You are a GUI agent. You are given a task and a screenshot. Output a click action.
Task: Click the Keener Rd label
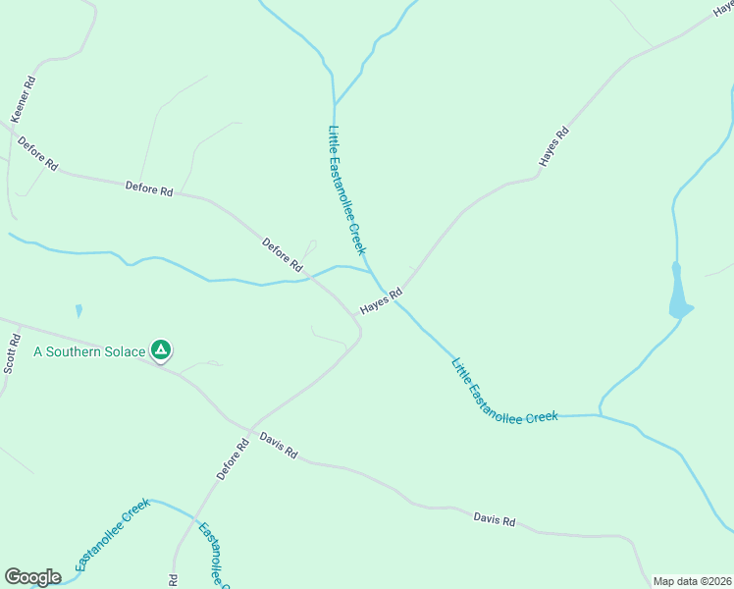point(24,99)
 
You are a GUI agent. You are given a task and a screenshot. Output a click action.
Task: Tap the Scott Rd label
point(11,354)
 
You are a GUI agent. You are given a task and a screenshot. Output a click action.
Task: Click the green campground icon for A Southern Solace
point(161,349)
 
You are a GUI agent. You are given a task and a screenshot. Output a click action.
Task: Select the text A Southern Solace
point(88,350)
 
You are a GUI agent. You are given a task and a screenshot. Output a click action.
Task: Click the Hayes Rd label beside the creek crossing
point(382,301)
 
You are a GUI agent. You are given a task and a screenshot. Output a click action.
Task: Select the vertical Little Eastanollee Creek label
point(347,190)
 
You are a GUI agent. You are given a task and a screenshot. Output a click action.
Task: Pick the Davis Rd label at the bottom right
point(494,519)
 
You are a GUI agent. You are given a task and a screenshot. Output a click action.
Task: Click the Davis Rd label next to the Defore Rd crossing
point(279,447)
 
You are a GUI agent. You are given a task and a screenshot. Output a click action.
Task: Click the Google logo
point(32,577)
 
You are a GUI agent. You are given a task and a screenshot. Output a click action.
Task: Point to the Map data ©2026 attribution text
point(693,581)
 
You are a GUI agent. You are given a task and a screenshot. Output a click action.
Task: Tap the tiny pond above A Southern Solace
point(79,311)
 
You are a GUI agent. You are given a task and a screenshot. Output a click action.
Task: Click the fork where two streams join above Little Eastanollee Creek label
point(335,105)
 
